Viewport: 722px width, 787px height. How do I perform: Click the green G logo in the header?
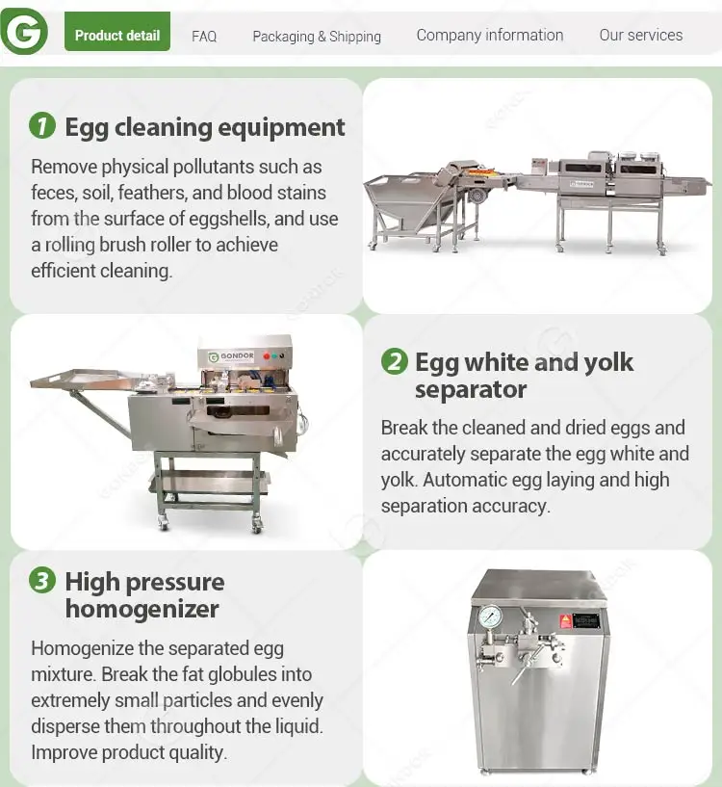click(24, 31)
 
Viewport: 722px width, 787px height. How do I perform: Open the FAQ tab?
click(204, 37)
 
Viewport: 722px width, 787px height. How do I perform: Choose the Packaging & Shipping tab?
click(317, 37)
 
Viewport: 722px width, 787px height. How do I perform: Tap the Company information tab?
click(490, 35)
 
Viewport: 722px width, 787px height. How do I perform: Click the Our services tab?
click(641, 35)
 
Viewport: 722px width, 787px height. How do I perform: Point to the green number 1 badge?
click(42, 125)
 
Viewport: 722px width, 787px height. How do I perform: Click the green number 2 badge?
click(395, 361)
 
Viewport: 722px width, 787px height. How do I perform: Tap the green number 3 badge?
click(42, 581)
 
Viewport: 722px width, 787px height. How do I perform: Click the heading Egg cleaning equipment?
click(205, 127)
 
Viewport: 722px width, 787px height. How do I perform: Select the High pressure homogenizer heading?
click(144, 595)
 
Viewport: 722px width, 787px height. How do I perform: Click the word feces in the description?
click(53, 193)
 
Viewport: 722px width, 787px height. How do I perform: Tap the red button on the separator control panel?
click(267, 355)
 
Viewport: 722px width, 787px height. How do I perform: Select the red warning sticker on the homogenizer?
click(566, 621)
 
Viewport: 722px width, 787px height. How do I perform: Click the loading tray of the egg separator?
click(85, 379)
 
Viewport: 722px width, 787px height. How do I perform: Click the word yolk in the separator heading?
click(608, 362)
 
